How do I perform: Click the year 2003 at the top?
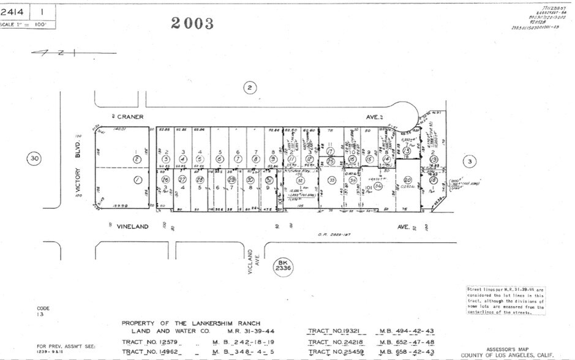click(192, 23)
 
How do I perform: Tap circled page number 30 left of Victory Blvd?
click(35, 159)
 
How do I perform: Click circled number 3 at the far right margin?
click(469, 161)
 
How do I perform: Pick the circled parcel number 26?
click(166, 179)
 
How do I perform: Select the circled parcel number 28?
click(200, 179)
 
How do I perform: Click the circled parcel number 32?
click(301, 181)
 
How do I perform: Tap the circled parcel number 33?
click(331, 180)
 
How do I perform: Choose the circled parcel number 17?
click(330, 151)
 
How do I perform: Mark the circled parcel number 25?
click(331, 162)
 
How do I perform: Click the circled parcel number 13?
click(406, 151)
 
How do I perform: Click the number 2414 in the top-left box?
click(13, 12)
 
